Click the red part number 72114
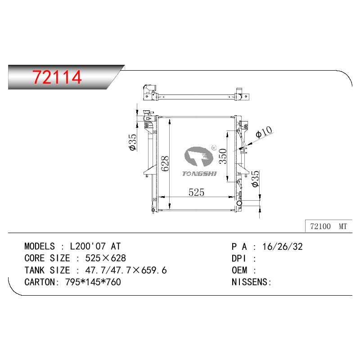(57, 77)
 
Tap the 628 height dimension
(165, 163)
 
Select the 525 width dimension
(196, 193)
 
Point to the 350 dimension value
(223, 156)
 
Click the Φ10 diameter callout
(264, 132)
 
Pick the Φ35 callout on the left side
(133, 142)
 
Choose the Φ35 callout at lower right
(255, 179)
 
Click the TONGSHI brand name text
(199, 174)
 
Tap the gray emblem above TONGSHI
(199, 156)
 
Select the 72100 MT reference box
(328, 226)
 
